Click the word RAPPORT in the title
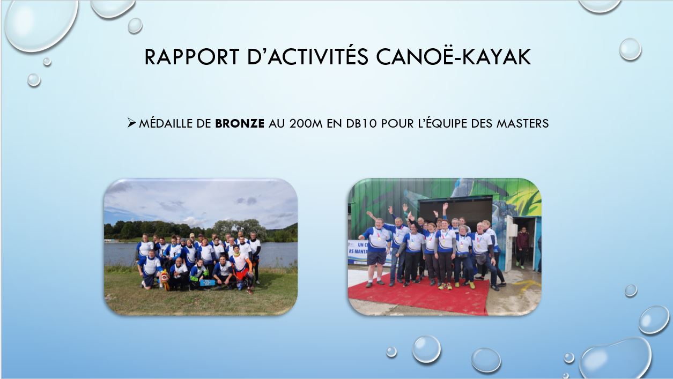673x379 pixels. click(192, 56)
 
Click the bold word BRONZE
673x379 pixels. click(240, 123)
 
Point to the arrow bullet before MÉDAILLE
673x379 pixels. click(131, 123)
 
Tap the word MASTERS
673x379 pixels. click(522, 123)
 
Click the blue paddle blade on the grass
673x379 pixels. click(208, 283)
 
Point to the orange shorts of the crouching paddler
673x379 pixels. click(242, 274)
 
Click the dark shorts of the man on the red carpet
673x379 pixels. click(376, 258)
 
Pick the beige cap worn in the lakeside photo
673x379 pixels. click(192, 235)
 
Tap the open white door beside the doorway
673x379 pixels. click(509, 243)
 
